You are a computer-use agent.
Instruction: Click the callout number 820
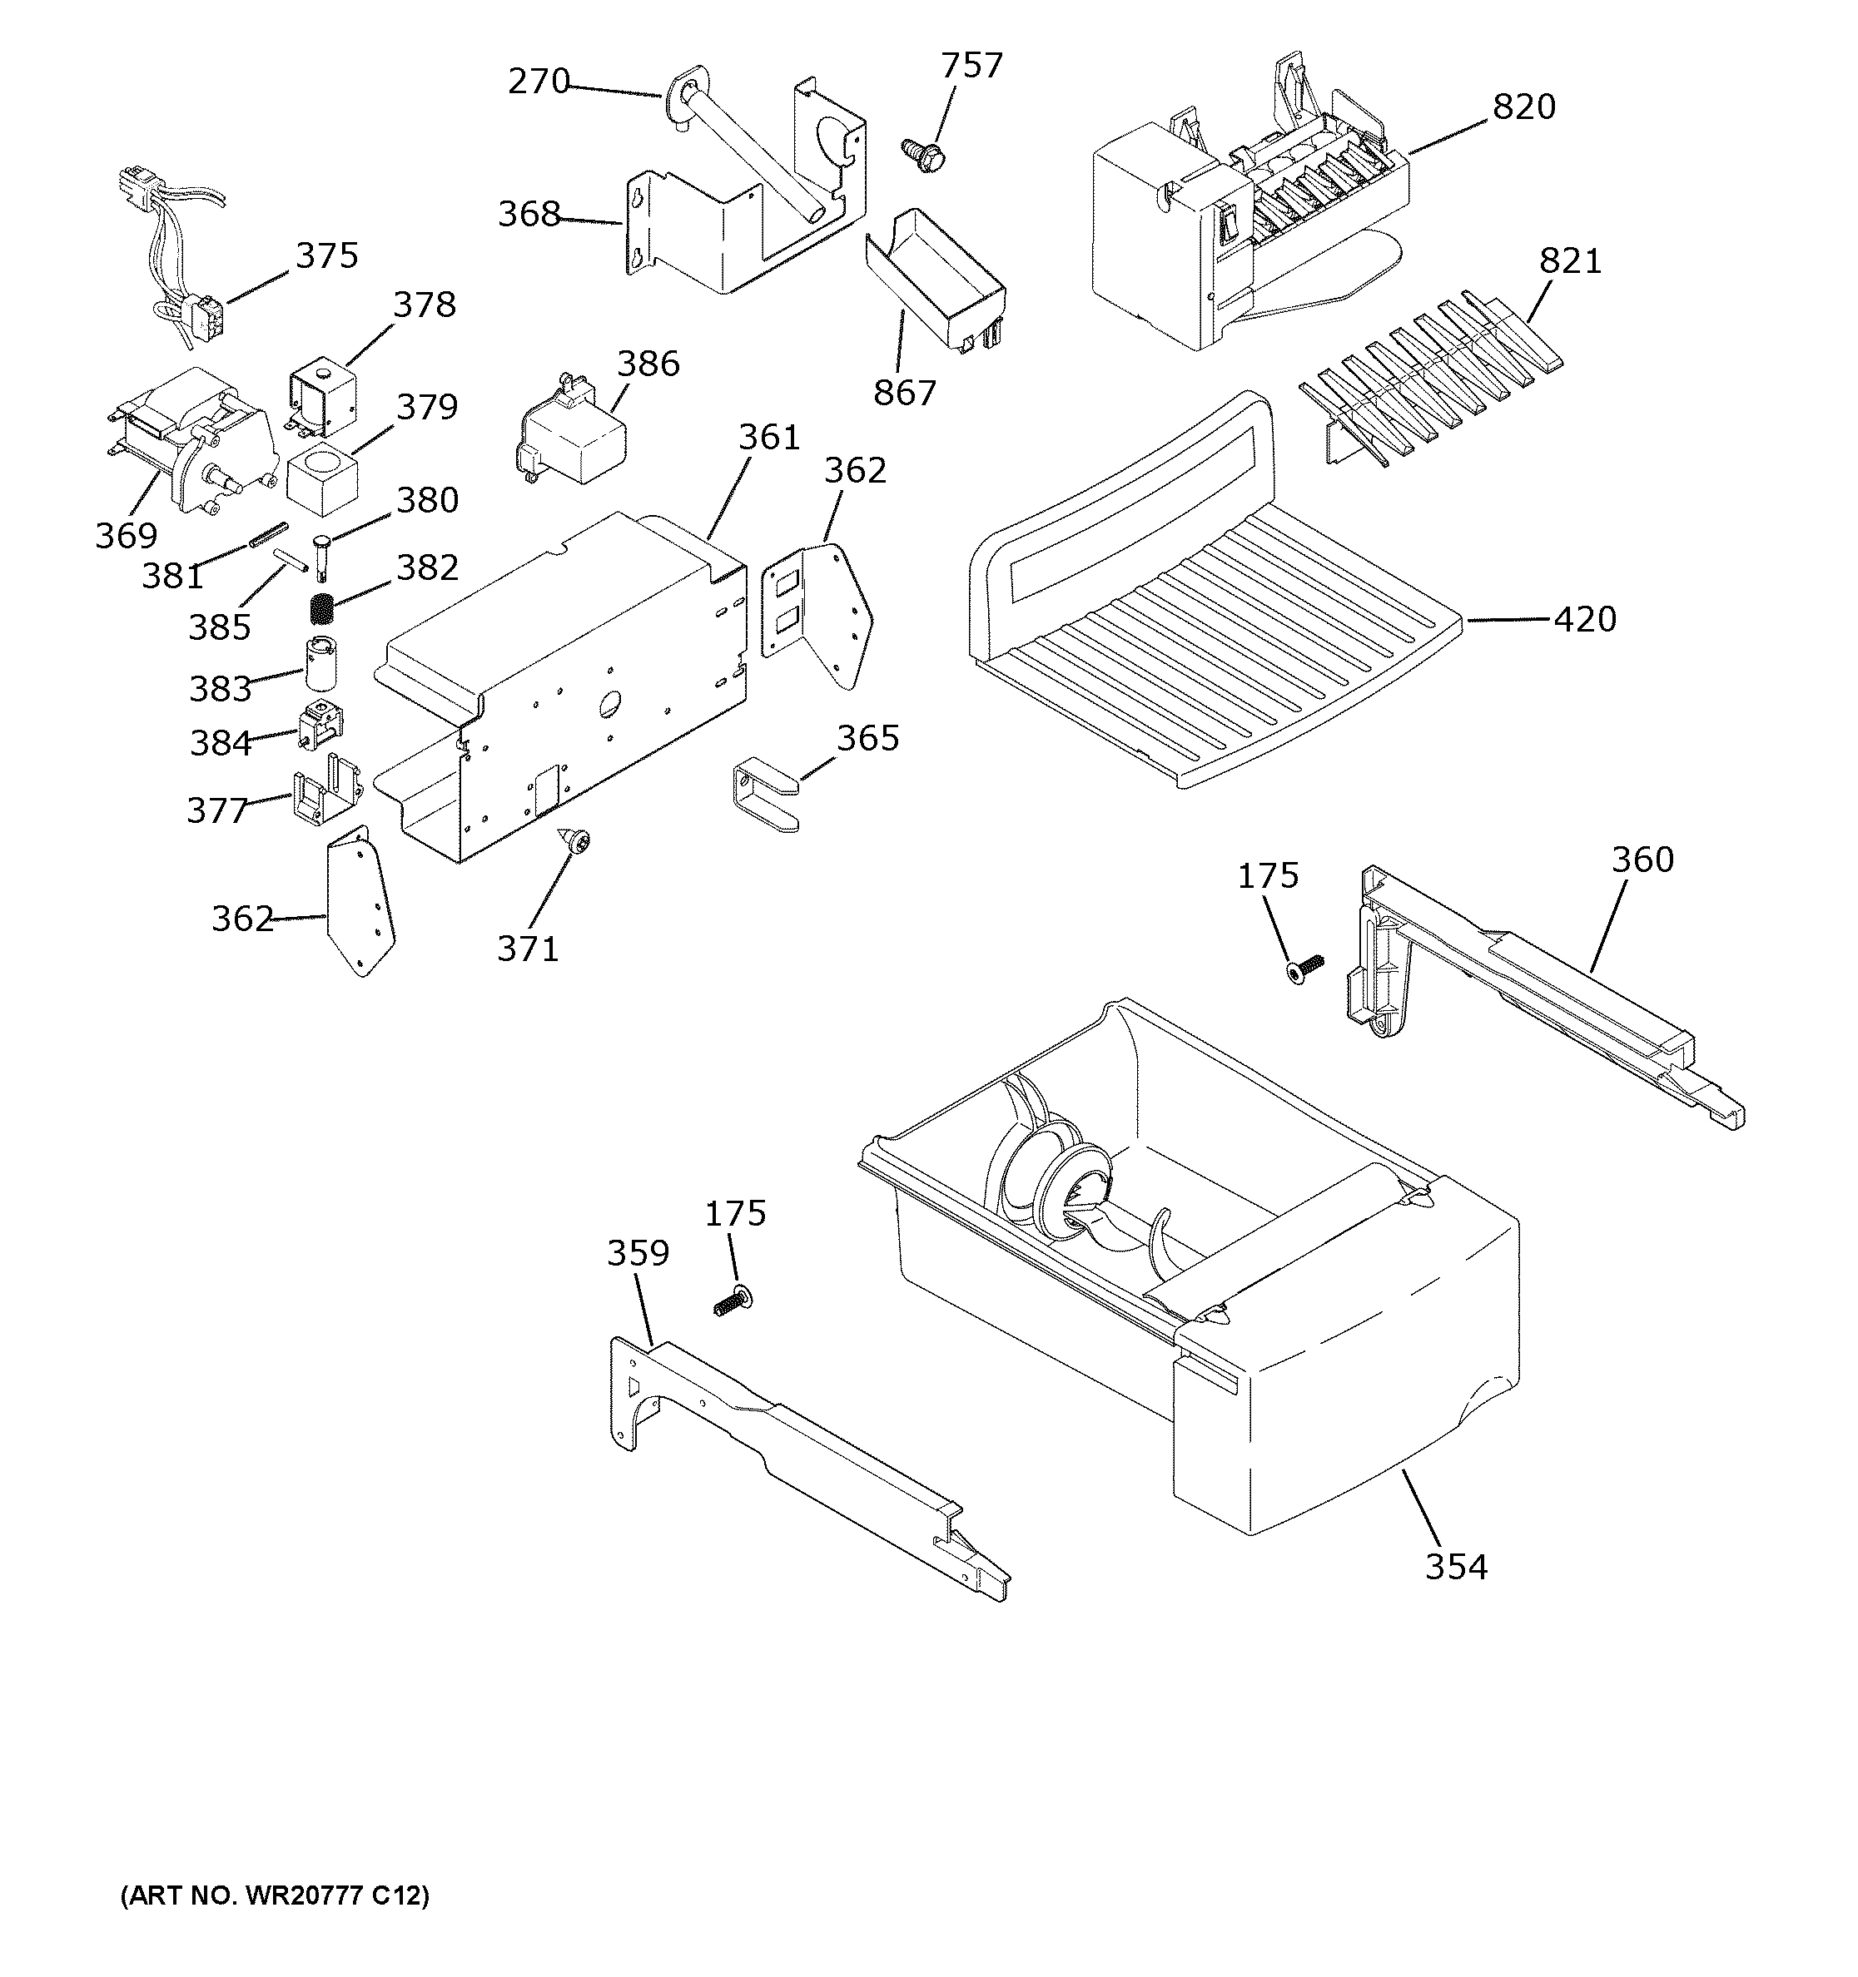tap(1524, 107)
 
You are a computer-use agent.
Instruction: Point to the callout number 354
tap(1456, 1566)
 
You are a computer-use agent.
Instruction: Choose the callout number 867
tap(904, 393)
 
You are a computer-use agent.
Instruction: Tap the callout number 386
tap(648, 363)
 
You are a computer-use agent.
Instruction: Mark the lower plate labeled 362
tap(360, 903)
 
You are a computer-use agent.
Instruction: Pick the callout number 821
tap(1571, 260)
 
